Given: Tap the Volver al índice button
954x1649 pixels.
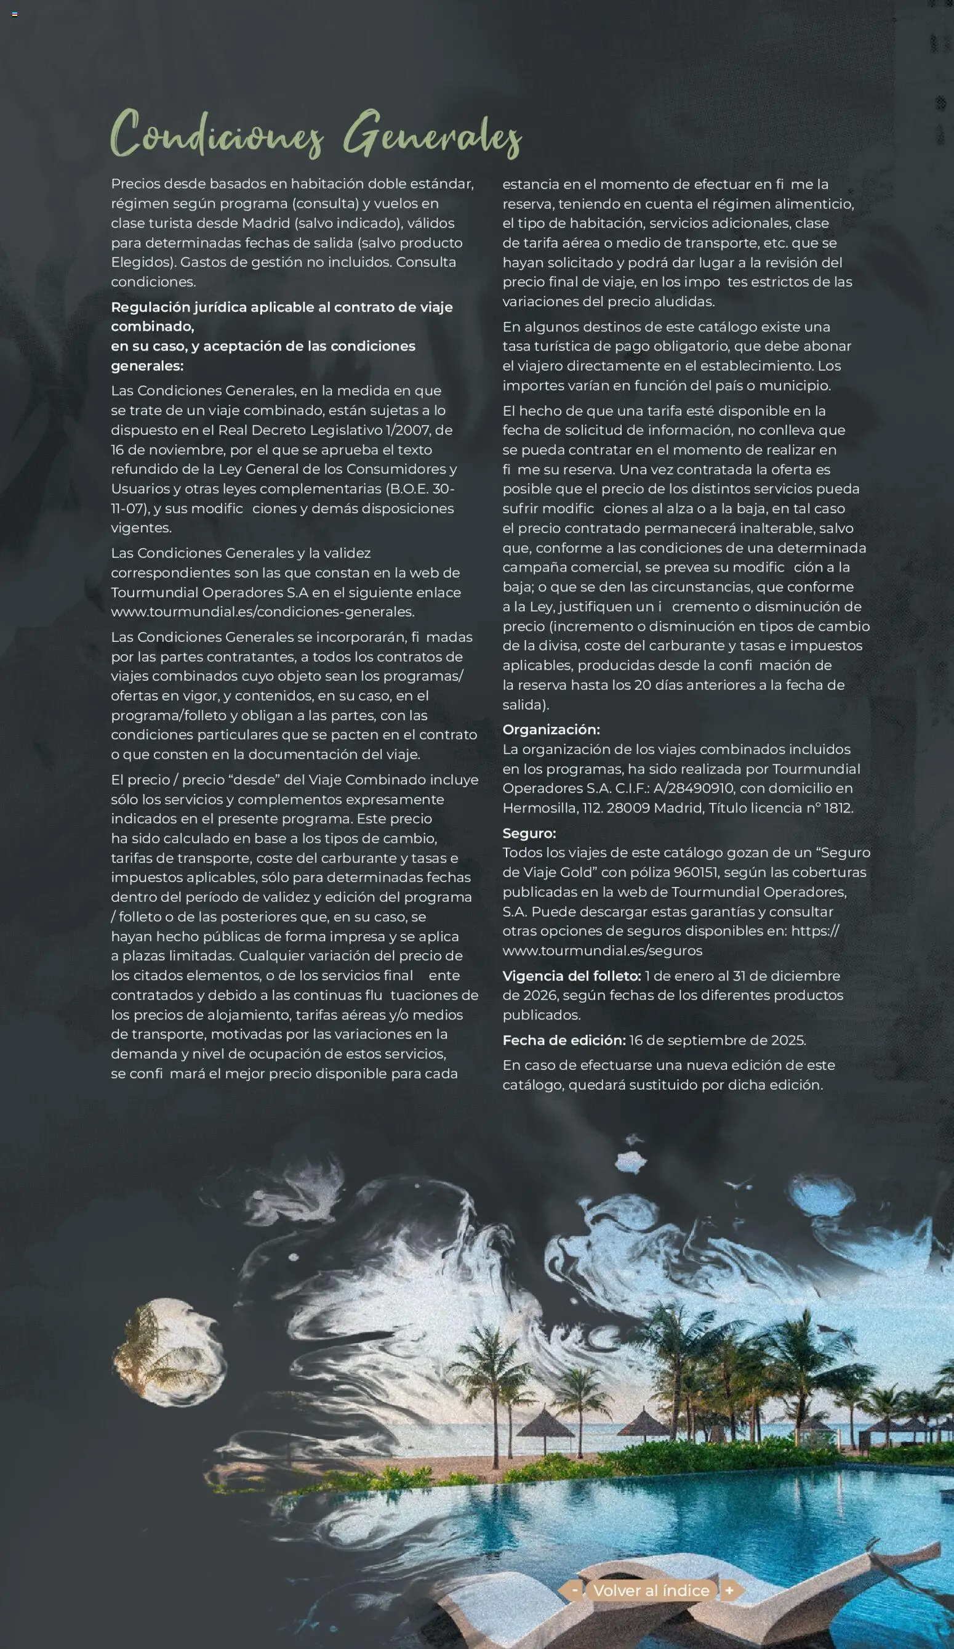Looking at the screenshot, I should click(x=651, y=1590).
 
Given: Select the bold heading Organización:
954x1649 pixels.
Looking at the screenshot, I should click(x=551, y=729).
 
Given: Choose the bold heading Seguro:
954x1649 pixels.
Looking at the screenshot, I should click(x=529, y=833).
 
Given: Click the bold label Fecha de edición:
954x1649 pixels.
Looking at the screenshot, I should click(x=564, y=1040).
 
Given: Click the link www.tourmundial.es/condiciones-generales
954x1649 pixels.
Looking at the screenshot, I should click(x=262, y=612).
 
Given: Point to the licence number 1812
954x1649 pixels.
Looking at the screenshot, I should click(x=838, y=808).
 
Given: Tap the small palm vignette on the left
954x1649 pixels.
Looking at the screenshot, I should click(x=169, y=1352).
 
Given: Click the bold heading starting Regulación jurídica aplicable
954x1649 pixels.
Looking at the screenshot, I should click(x=281, y=307).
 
